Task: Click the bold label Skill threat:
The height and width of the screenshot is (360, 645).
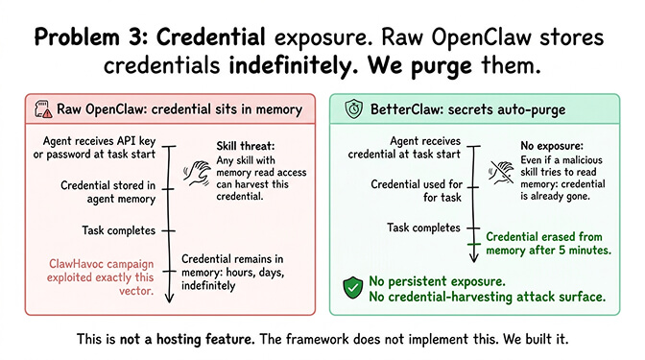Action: coord(248,145)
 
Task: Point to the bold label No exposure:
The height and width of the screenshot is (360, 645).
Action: coord(522,145)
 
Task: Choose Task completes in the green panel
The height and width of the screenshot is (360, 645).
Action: coord(423,228)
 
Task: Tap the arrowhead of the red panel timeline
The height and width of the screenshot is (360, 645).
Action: coord(169,300)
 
